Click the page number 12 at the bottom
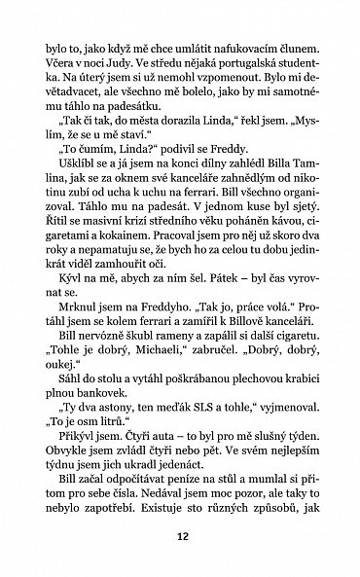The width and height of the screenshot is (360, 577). (180, 534)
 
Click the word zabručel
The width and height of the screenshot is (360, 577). (215, 415)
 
